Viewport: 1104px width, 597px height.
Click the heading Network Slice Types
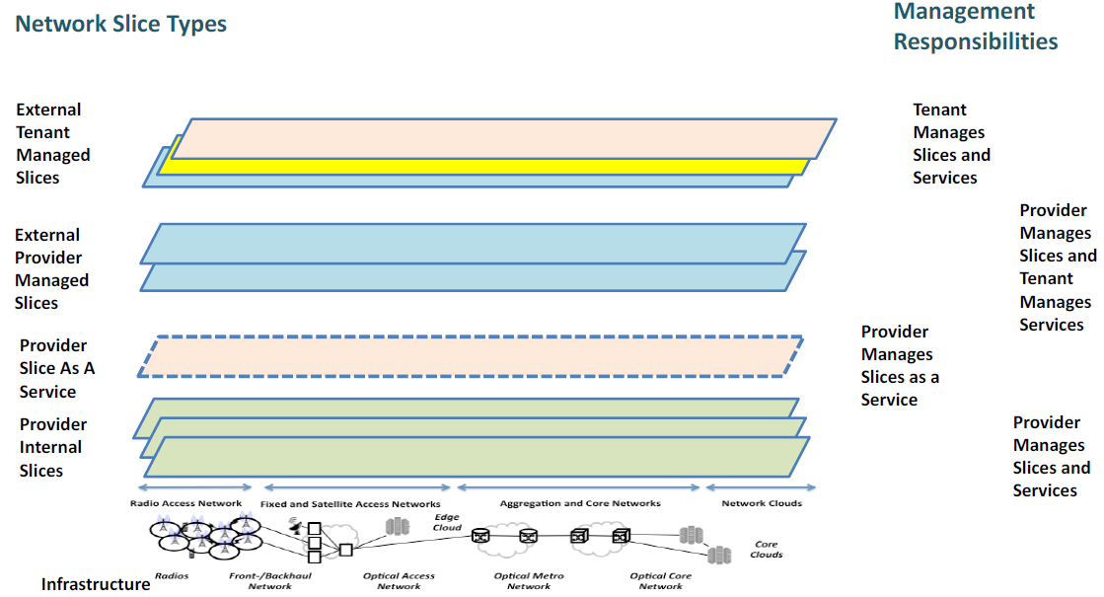pos(121,24)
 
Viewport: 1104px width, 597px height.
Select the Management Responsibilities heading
pos(976,27)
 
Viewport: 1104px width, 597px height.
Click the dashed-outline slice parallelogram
pos(469,356)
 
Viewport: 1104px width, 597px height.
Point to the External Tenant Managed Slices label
pos(52,144)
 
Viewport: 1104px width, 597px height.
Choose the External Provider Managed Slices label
pos(51,269)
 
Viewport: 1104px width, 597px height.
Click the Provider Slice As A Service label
pos(57,368)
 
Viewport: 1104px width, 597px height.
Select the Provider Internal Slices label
pos(53,447)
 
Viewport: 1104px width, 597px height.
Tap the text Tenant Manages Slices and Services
pos(951,144)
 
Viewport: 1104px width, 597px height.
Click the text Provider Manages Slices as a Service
pos(900,366)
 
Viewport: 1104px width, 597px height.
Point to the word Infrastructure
pos(96,584)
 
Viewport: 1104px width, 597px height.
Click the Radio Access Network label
pos(185,503)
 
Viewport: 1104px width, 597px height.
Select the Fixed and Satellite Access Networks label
pos(350,504)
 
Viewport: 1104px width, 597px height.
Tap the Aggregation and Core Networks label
pos(580,503)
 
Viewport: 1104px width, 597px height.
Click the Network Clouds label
pos(762,503)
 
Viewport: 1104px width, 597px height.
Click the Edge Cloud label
pos(446,522)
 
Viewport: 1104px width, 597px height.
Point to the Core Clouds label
pos(767,549)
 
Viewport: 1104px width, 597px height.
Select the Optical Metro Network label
pos(529,580)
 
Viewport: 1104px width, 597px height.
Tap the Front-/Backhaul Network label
pos(269,580)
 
